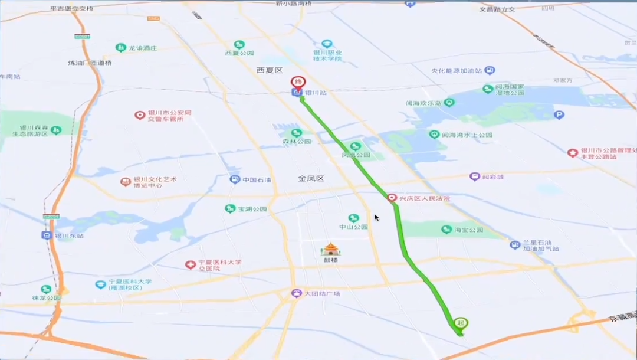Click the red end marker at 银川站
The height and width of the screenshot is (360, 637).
click(x=298, y=82)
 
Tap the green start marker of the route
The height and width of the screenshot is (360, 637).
click(x=461, y=323)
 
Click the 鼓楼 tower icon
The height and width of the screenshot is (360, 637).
click(x=330, y=249)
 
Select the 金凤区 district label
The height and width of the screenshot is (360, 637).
click(x=311, y=178)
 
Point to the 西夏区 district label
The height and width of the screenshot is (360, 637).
click(x=270, y=70)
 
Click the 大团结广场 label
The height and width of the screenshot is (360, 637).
click(x=323, y=293)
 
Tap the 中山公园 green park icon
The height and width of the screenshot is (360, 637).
click(x=353, y=218)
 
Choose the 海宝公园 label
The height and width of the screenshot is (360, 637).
click(x=469, y=230)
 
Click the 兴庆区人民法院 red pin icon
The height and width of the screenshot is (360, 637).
click(x=392, y=198)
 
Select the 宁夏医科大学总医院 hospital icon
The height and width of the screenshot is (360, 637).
click(x=190, y=265)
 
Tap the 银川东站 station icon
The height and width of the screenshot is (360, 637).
click(x=47, y=235)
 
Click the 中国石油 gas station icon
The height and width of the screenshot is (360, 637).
click(x=235, y=179)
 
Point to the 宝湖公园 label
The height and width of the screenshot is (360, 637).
click(x=252, y=209)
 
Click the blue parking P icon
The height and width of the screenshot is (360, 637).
click(x=559, y=115)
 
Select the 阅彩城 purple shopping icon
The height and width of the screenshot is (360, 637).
click(x=474, y=176)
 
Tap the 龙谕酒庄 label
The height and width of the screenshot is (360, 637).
click(x=143, y=48)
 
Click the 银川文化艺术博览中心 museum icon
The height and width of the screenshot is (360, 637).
click(x=125, y=182)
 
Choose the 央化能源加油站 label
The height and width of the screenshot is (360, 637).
click(x=458, y=71)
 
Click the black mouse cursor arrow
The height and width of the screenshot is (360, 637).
click(x=376, y=217)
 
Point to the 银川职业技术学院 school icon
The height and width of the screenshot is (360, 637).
click(x=327, y=44)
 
